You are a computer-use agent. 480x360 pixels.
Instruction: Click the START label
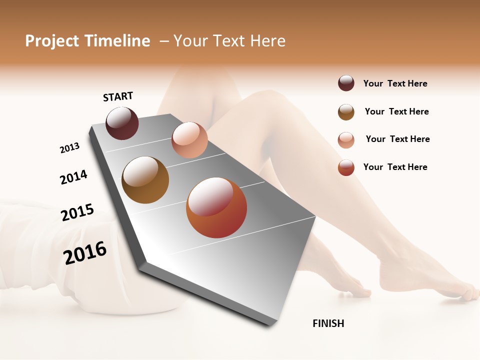(x=118, y=96)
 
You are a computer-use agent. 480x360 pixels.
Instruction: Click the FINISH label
(x=328, y=323)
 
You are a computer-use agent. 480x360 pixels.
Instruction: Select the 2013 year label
(x=69, y=148)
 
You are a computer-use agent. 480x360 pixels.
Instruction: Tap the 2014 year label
(x=73, y=177)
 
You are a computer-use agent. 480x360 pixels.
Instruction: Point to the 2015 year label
(x=77, y=212)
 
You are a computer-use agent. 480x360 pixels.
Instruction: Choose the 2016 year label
(x=85, y=253)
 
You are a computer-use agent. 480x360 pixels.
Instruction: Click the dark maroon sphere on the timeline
(x=122, y=123)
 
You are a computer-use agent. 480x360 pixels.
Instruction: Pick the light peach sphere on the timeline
(x=189, y=140)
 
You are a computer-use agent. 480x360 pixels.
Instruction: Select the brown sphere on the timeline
(x=145, y=180)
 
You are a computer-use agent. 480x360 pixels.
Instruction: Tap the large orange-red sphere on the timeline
(x=216, y=208)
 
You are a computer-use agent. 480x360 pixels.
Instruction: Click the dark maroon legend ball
(x=346, y=83)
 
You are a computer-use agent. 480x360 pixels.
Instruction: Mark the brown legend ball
(x=346, y=112)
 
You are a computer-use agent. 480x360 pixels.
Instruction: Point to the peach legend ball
(x=346, y=140)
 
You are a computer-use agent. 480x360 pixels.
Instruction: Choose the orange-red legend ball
(x=346, y=167)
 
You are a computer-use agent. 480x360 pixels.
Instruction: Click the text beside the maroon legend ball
(x=395, y=84)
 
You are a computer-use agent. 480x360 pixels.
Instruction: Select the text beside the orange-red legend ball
(x=395, y=167)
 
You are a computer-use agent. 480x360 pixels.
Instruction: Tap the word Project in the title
(x=52, y=41)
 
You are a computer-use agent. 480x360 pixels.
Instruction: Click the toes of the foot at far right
(x=467, y=290)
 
